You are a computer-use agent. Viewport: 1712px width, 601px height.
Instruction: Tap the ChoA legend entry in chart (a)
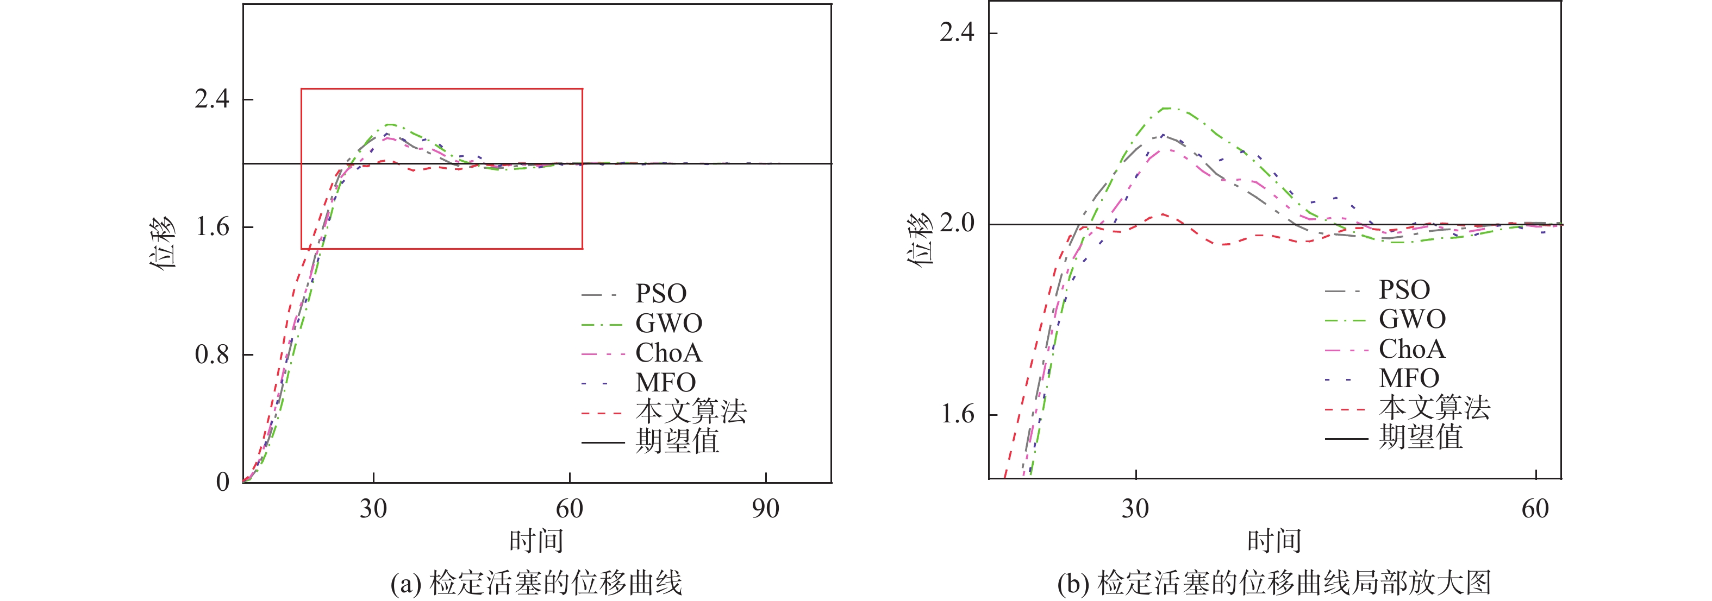coord(668,353)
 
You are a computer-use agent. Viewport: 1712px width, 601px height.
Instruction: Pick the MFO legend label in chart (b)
coord(1409,378)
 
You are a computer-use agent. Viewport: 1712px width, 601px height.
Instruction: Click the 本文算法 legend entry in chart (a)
coord(691,412)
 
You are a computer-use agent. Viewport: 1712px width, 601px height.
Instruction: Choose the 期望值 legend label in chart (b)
coord(1420,438)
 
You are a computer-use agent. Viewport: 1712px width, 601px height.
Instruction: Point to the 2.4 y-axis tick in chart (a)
coord(212,99)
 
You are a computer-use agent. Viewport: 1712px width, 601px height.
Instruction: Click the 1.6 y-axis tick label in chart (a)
coord(212,227)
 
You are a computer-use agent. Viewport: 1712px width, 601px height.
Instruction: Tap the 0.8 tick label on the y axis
coord(212,355)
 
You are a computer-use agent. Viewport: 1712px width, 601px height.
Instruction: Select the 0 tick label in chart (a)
coord(223,482)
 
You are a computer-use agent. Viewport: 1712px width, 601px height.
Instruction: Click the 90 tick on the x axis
coord(766,509)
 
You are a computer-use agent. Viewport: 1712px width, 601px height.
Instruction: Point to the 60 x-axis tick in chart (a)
coord(570,509)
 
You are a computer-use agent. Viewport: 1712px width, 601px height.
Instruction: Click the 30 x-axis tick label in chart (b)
coord(1135,509)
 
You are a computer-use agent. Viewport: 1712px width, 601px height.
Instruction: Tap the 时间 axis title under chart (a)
coord(536,541)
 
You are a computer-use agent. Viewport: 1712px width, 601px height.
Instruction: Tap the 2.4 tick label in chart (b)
coord(957,32)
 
